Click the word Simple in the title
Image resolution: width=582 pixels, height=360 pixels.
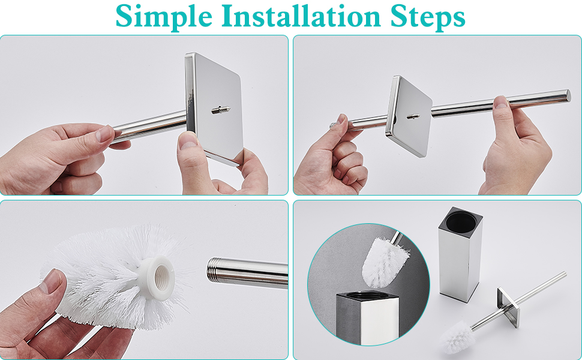(x=164, y=16)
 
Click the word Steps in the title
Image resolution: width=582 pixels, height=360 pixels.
(x=428, y=17)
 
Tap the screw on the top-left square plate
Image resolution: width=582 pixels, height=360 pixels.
(x=221, y=109)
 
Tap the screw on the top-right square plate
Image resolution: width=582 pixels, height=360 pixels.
(x=413, y=116)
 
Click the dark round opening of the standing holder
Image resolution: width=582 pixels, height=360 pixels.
(x=461, y=220)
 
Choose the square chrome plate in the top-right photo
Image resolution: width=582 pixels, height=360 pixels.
(x=408, y=116)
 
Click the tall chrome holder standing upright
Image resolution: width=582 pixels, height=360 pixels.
(x=461, y=254)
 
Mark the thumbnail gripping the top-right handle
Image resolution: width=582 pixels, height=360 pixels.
(x=501, y=102)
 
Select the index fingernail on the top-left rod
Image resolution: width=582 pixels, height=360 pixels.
(x=104, y=134)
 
